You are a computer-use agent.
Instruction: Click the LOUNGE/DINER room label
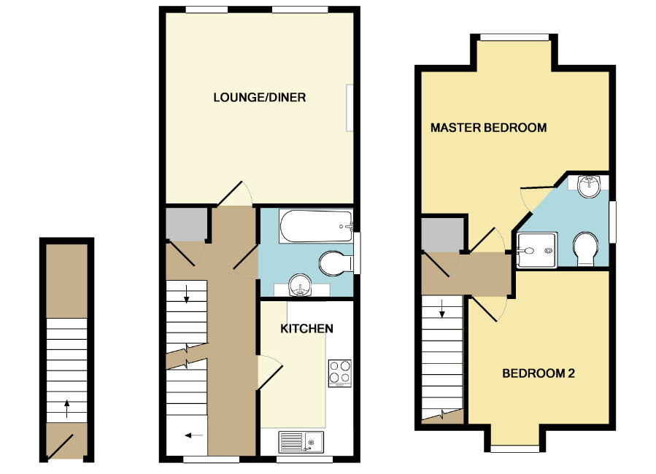click(259, 97)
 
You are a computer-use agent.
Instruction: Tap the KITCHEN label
click(307, 328)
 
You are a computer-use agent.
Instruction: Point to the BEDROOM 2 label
click(539, 374)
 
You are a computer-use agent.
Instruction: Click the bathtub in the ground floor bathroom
click(315, 226)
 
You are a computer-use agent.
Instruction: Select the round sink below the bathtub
click(300, 287)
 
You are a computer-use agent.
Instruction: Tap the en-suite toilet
click(585, 249)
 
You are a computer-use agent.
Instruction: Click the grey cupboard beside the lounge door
click(183, 225)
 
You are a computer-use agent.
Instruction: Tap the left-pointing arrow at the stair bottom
click(193, 435)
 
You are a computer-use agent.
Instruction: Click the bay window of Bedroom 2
click(514, 448)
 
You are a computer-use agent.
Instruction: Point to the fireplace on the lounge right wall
click(350, 108)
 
